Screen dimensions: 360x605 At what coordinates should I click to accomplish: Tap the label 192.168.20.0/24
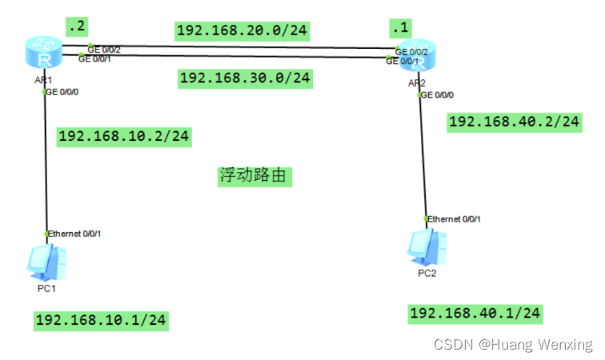pyautogui.click(x=242, y=31)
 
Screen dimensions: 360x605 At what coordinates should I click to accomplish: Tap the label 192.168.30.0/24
pyautogui.click(x=245, y=78)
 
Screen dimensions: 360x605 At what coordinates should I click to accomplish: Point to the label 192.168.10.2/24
pyautogui.click(x=124, y=136)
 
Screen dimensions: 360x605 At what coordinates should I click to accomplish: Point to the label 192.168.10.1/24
pyautogui.click(x=101, y=320)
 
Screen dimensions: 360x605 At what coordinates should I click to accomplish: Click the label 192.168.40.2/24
pyautogui.click(x=515, y=122)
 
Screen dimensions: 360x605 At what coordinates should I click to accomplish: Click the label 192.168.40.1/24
pyautogui.click(x=475, y=313)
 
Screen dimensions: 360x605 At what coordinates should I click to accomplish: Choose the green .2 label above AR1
pyautogui.click(x=77, y=27)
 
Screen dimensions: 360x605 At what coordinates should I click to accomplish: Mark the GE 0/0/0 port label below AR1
pyautogui.click(x=63, y=92)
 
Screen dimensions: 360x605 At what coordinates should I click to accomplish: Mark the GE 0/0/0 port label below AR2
pyautogui.click(x=437, y=95)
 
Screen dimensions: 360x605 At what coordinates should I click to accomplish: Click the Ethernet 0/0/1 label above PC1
pyautogui.click(x=74, y=233)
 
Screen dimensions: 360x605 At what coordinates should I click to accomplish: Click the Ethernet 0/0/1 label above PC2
pyautogui.click(x=455, y=218)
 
